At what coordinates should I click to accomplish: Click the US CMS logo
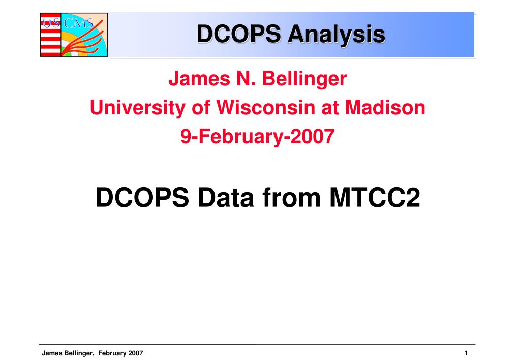pos(74,34)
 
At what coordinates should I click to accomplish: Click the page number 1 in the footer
pos(465,353)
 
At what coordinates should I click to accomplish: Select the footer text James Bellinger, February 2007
pos(92,353)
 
